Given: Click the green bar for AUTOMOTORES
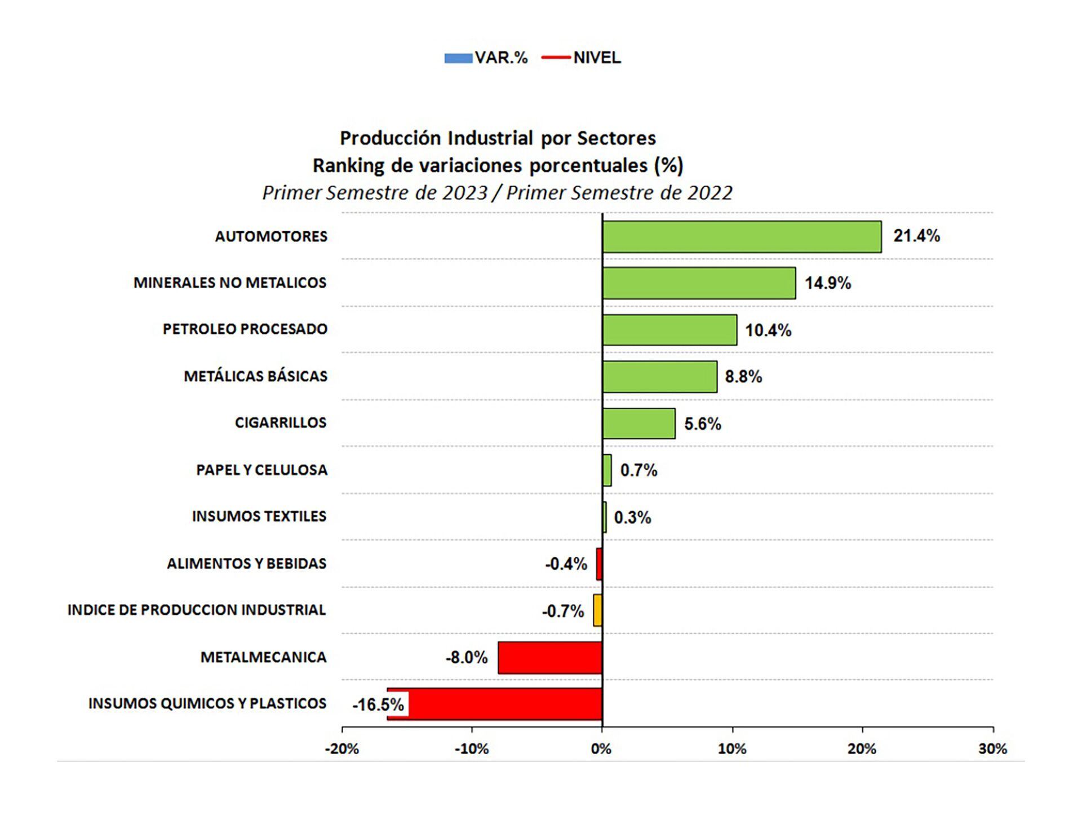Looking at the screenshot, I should point(742,236).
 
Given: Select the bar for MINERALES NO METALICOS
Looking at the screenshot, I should point(699,283).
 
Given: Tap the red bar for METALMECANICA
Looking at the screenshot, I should point(550,658).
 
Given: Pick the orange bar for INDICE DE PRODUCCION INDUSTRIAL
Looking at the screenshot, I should point(597,610).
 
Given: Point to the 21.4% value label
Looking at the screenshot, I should point(916,236).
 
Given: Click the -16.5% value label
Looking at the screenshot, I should point(378,705).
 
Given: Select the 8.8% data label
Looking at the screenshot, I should point(743,377).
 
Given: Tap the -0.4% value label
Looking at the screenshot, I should point(566,564).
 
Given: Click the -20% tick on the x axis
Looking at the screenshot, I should point(342,749).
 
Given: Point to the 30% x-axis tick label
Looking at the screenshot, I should point(992,749).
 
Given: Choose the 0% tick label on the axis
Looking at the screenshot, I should point(601,749).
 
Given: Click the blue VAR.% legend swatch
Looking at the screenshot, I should point(458,58).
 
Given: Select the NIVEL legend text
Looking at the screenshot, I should point(597,58).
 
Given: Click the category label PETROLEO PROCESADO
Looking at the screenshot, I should point(245,329).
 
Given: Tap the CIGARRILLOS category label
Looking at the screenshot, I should point(281,423).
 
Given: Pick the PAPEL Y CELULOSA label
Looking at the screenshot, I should point(261,470).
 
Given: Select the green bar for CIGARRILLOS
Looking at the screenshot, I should point(638,424).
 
